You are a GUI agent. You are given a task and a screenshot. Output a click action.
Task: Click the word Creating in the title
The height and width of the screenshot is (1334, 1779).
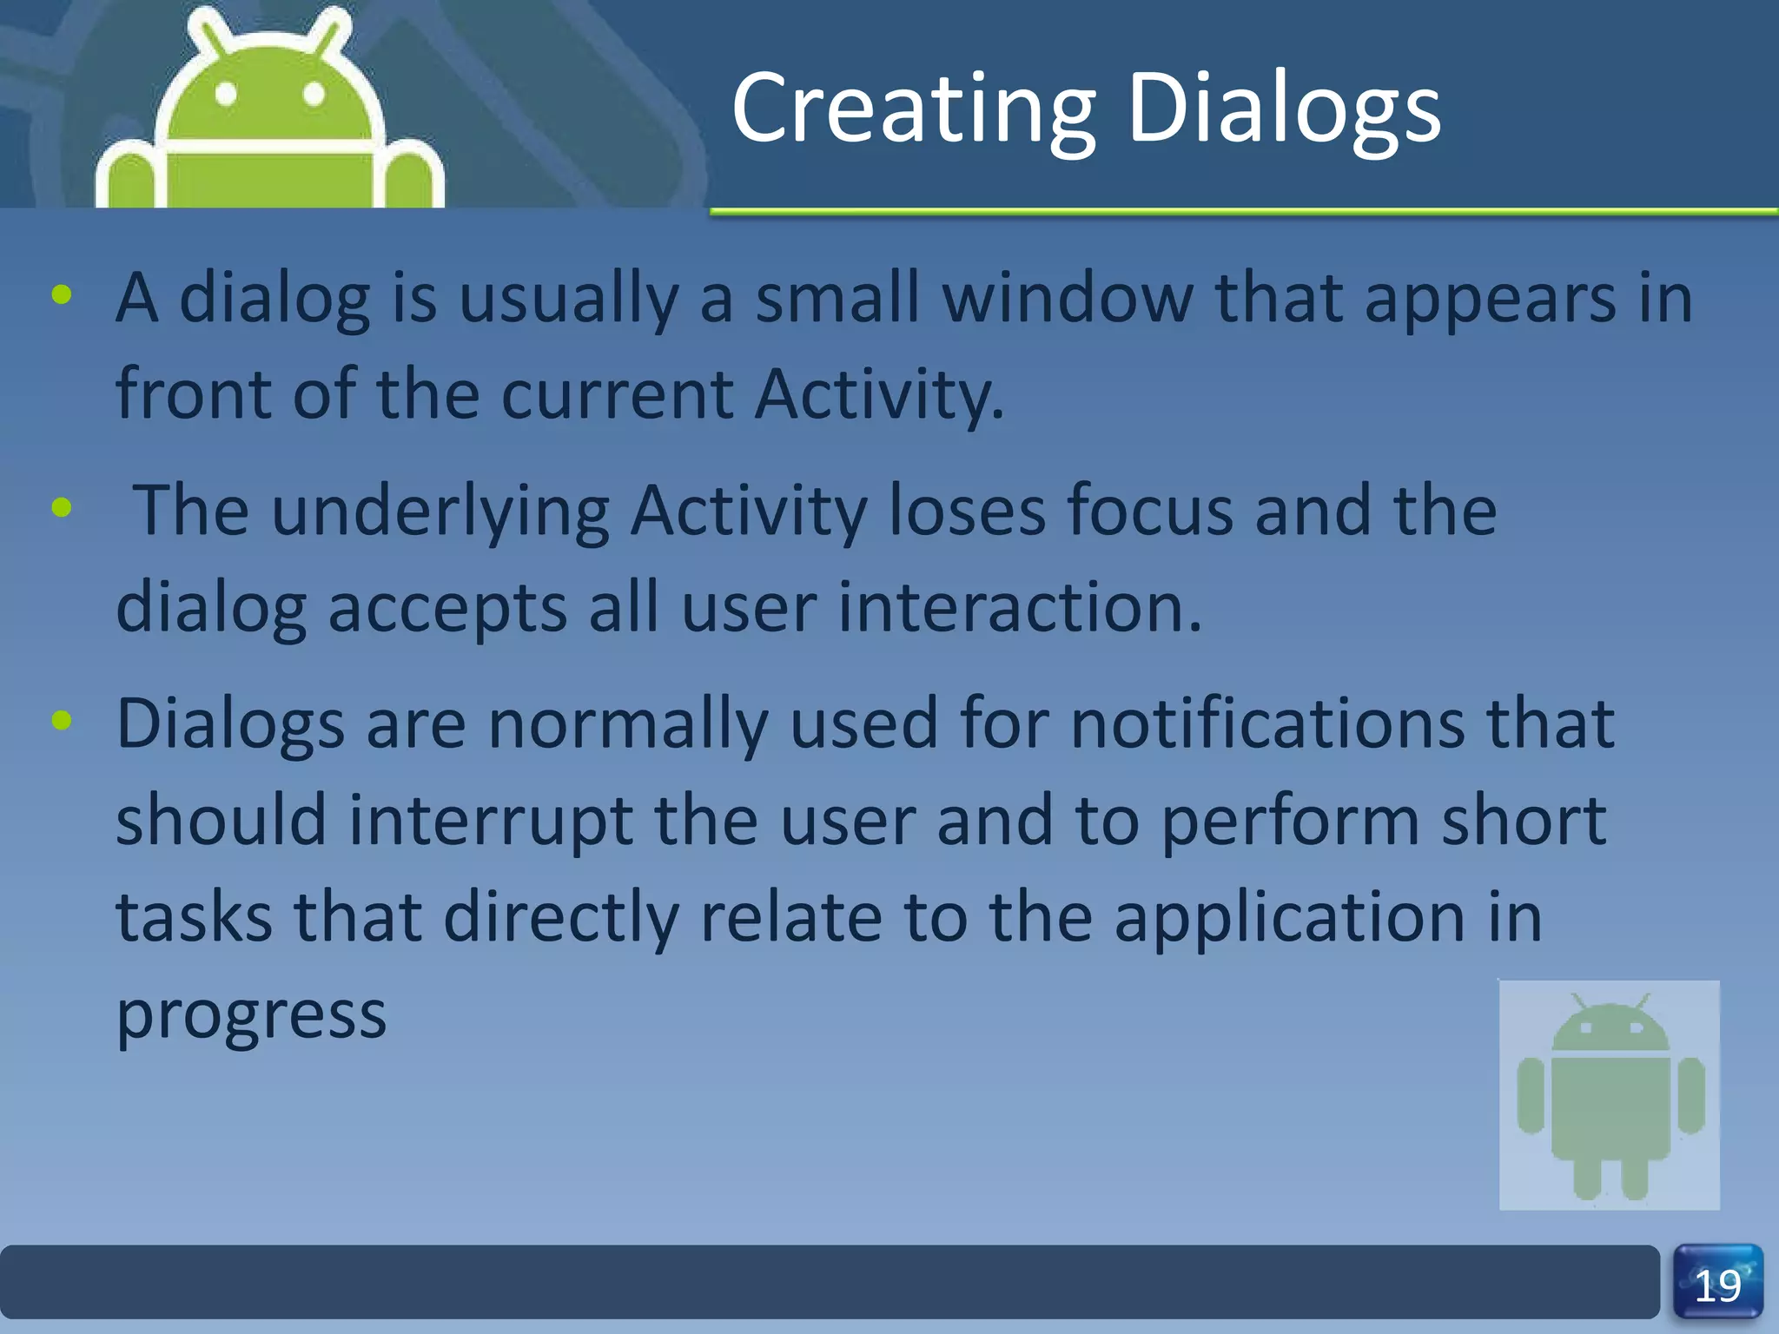click(914, 109)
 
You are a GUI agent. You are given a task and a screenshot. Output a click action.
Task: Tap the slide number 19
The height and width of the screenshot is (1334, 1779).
click(1717, 1285)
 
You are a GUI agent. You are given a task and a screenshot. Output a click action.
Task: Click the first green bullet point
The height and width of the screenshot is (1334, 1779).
click(62, 295)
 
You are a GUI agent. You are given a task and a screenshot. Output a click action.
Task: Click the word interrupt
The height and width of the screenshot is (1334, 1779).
click(490, 821)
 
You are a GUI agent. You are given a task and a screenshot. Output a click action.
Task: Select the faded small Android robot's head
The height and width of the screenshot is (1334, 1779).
click(1610, 1029)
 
